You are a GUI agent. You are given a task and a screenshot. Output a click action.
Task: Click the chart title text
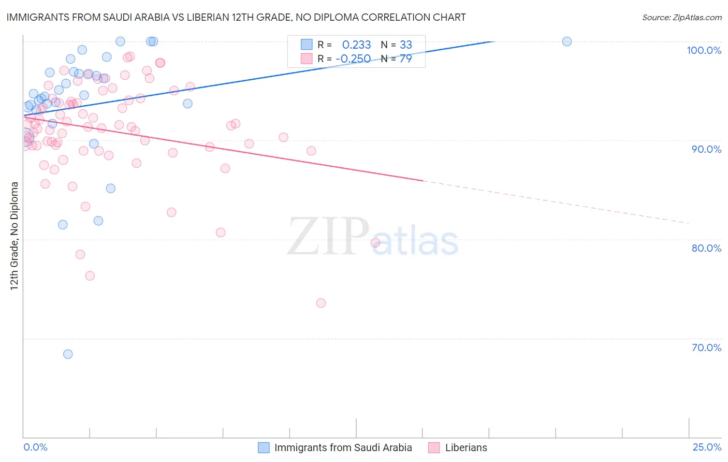coord(236,17)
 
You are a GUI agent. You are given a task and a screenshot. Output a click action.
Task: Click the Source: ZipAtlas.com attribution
coord(681,18)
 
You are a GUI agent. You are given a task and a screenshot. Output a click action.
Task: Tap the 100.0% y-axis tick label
coord(704,50)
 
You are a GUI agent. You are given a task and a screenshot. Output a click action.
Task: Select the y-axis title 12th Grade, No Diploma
coord(14,236)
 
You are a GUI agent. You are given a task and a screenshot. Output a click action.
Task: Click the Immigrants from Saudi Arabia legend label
coord(343,447)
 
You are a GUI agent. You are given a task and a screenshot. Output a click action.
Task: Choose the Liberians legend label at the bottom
coord(466,447)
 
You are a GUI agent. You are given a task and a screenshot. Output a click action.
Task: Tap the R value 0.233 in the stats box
coord(356,45)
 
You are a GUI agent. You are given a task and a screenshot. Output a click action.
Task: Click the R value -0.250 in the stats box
coord(353,59)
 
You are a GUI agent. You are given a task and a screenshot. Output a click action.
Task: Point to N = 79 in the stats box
coord(397,59)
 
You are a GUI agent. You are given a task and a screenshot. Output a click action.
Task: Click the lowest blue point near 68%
coord(68,354)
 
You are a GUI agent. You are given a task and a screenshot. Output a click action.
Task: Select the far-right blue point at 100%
coord(567,41)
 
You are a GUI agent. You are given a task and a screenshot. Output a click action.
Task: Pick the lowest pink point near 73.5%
coord(321,303)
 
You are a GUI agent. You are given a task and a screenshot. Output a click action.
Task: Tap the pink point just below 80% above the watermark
coord(375,242)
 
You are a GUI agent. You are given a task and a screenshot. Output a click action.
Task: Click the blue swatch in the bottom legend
coord(264,447)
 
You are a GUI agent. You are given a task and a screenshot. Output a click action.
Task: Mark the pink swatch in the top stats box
coord(307,59)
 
